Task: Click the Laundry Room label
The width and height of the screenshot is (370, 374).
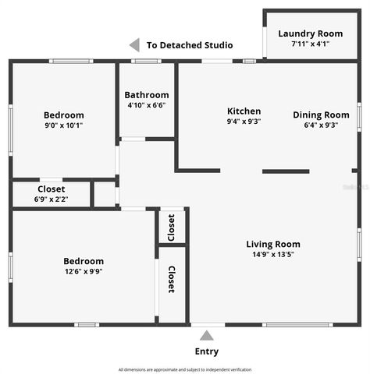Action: [x=310, y=34]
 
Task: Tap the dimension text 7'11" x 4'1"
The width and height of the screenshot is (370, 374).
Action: [x=310, y=44]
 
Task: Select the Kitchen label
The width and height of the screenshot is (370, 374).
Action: [x=244, y=111]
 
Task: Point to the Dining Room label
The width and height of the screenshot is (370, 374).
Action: [x=321, y=115]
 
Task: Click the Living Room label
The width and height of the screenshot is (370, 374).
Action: [x=272, y=244]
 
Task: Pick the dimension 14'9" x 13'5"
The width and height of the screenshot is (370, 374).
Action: [x=272, y=254]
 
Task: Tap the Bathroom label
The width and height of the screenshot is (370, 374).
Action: [x=147, y=95]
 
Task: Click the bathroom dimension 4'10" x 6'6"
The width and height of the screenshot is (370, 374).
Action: [x=147, y=105]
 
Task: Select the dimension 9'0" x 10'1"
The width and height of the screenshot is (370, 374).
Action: [x=63, y=125]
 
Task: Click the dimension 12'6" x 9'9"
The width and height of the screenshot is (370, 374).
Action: [x=84, y=272]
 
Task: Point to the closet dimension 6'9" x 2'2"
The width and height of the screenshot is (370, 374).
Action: [x=52, y=199]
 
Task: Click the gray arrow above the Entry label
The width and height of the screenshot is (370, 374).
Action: [x=206, y=336]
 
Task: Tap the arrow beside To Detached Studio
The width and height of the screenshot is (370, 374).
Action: [x=134, y=45]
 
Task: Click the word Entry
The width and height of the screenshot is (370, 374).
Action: [x=206, y=351]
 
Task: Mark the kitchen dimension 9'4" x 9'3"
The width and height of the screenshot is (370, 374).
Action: [x=244, y=122]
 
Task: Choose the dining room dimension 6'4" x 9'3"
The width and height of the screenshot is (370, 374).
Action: [x=321, y=125]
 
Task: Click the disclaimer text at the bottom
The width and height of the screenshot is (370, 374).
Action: [x=185, y=369]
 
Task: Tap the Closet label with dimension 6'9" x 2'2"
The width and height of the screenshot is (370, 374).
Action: [x=52, y=189]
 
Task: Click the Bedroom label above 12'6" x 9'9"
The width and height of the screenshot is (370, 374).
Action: [x=84, y=261]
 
